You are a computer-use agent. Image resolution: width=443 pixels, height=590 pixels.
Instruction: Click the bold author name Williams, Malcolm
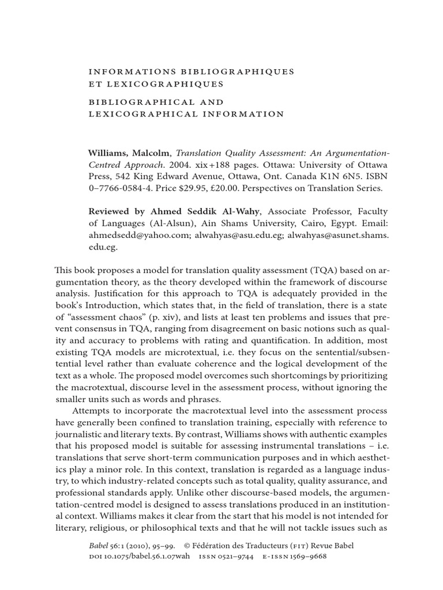pyautogui.click(x=129, y=153)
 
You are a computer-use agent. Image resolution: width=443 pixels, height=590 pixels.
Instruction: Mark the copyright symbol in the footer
pyautogui.click(x=187, y=546)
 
